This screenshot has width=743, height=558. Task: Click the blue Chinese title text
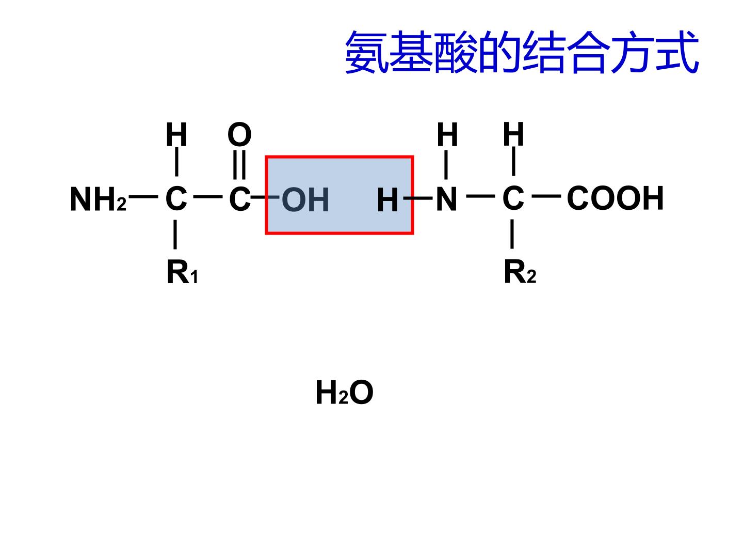522,52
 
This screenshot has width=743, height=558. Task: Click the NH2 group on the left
98,199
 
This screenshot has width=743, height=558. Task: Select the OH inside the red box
305,200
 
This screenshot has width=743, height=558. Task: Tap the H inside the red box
387,200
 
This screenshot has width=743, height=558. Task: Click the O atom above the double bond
239,134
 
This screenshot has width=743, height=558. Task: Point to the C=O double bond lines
239,164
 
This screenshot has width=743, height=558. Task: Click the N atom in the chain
446,199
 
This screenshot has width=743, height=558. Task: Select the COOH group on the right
615,198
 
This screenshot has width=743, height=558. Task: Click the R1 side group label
182,272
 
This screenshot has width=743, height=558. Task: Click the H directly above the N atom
447,134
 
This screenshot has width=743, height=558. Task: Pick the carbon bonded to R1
176,198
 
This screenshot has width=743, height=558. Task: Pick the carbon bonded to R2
513,198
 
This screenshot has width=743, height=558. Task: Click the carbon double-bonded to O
239,199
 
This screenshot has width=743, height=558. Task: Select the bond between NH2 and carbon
143,196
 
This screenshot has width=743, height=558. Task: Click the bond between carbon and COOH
546,196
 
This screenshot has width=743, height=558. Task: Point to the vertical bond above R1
175,235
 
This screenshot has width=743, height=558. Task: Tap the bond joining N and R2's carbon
481,196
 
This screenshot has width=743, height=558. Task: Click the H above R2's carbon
513,134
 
